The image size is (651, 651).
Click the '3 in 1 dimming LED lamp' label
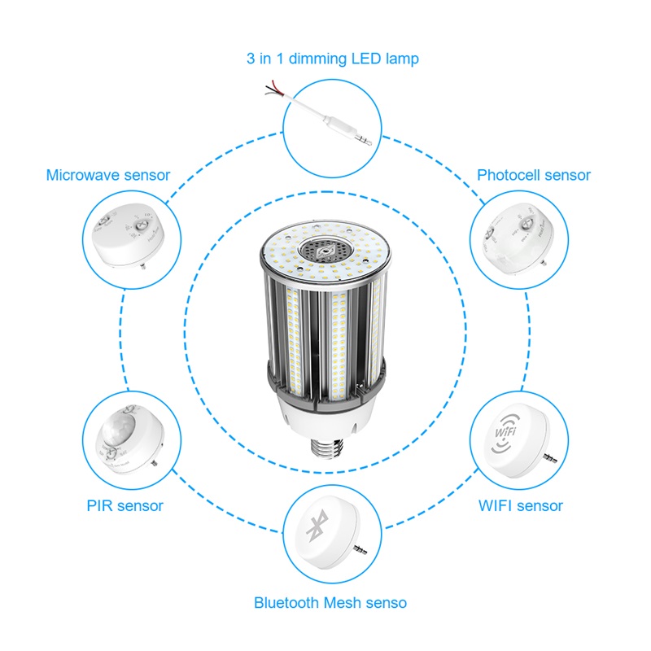332,59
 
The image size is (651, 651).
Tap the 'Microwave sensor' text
108,175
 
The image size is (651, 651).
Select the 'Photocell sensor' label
533,175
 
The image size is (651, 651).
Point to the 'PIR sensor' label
125,505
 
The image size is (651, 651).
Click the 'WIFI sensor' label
520,505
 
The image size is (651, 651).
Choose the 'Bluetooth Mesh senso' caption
330,603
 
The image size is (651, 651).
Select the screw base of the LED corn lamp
326,452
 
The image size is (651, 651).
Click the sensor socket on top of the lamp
325,251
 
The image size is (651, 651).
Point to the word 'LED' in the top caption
363,59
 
